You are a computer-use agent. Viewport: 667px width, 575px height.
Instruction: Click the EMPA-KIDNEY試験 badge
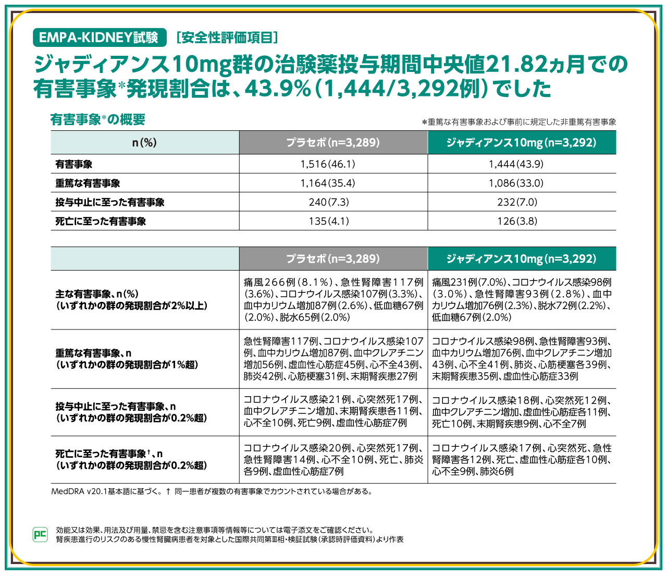coord(99,38)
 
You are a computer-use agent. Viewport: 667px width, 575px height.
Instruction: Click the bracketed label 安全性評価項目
coord(227,38)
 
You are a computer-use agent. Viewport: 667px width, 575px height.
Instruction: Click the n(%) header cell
coord(144,143)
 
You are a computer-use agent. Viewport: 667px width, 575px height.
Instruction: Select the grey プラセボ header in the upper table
coord(333,143)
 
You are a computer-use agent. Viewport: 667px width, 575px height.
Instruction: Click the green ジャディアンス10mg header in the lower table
coord(521,259)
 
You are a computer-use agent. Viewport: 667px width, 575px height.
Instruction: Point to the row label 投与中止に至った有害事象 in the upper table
coord(110,202)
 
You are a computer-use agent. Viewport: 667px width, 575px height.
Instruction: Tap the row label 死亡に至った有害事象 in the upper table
coord(101,222)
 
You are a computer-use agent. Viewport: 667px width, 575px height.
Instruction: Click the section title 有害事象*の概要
coord(97,120)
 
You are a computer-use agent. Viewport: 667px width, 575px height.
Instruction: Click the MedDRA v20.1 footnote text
coord(211,492)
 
